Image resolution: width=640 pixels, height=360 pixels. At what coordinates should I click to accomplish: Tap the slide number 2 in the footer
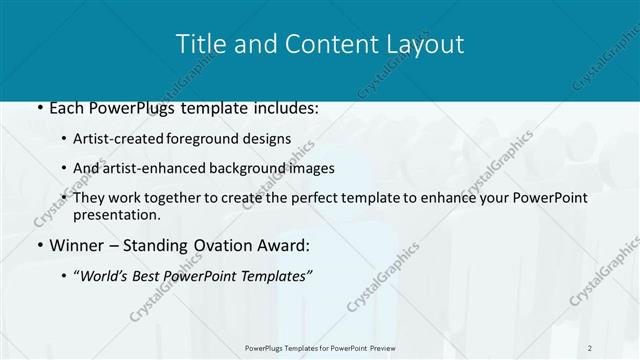(x=591, y=348)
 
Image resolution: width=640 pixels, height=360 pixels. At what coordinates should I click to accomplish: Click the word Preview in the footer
(x=390, y=348)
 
